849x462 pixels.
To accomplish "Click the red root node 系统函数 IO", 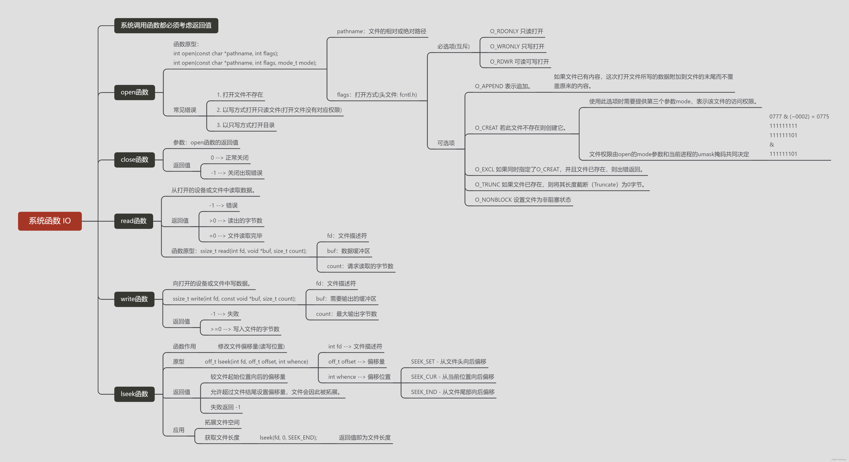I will point(50,221).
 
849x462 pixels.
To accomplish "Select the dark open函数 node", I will point(135,92).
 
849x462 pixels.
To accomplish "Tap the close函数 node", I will point(135,160).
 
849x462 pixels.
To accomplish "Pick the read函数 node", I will point(133,221).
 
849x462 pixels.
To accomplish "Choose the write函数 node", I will point(134,299).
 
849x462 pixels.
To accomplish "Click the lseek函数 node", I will point(134,394).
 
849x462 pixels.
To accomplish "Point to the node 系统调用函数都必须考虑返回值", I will point(166,25).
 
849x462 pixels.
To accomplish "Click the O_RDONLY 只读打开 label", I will point(516,31).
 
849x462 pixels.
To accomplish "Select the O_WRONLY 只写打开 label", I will point(517,46).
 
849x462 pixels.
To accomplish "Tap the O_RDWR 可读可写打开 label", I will point(519,62).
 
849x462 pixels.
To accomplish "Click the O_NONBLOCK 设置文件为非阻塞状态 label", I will point(523,200).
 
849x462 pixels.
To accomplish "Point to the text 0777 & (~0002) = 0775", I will point(799,116).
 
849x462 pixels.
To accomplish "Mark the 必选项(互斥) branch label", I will point(453,46).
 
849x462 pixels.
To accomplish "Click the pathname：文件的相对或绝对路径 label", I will point(381,31).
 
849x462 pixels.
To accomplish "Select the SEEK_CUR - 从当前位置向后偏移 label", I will point(452,377).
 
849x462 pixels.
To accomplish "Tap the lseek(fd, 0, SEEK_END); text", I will point(288,438).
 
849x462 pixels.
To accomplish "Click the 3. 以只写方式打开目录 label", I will point(246,125).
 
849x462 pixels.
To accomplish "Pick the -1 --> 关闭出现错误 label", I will point(236,173).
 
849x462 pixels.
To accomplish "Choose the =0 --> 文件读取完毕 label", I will point(236,236).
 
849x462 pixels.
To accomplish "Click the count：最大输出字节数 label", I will point(346,314).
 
